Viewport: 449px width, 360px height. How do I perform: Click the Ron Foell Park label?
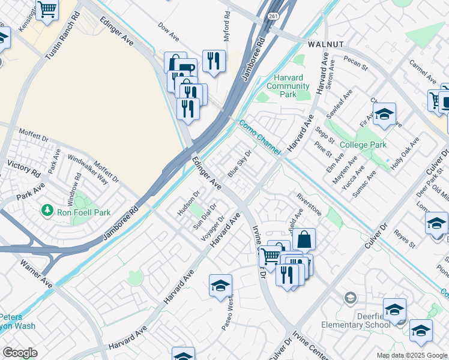pyautogui.click(x=83, y=211)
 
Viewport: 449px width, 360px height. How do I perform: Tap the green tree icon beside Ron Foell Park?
pyautogui.click(x=47, y=211)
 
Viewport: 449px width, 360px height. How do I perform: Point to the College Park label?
pyautogui.click(x=363, y=145)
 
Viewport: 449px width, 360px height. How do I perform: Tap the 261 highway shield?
pyautogui.click(x=274, y=16)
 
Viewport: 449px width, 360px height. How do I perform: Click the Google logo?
pyautogui.click(x=20, y=353)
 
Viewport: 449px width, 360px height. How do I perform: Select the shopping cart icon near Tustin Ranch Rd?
pyautogui.click(x=47, y=9)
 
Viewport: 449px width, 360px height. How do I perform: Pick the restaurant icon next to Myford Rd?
pyautogui.click(x=214, y=60)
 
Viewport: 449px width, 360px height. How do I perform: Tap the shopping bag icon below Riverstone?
pyautogui.click(x=304, y=239)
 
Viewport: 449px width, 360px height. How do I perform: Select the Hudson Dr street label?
pyautogui.click(x=187, y=205)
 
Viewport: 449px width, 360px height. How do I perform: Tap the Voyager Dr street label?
pyautogui.click(x=212, y=228)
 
